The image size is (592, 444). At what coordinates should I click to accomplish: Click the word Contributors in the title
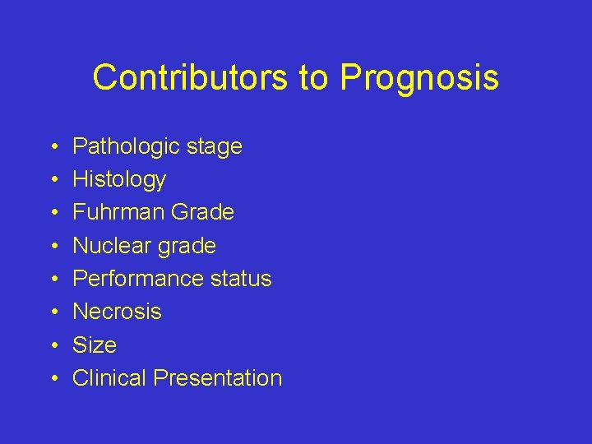190,77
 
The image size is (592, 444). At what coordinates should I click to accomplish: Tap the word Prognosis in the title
419,78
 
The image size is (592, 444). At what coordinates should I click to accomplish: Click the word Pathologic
126,147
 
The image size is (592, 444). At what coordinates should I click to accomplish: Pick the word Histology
119,180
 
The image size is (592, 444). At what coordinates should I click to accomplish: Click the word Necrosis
117,312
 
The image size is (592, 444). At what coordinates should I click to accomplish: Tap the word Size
95,345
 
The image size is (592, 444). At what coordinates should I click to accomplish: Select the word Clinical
110,378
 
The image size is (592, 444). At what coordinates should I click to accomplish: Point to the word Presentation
218,378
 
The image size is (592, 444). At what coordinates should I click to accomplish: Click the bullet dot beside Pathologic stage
53,147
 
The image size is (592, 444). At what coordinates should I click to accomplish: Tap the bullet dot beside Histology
53,180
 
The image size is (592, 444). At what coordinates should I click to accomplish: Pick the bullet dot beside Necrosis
53,312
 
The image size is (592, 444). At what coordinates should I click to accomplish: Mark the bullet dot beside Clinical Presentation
53,379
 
